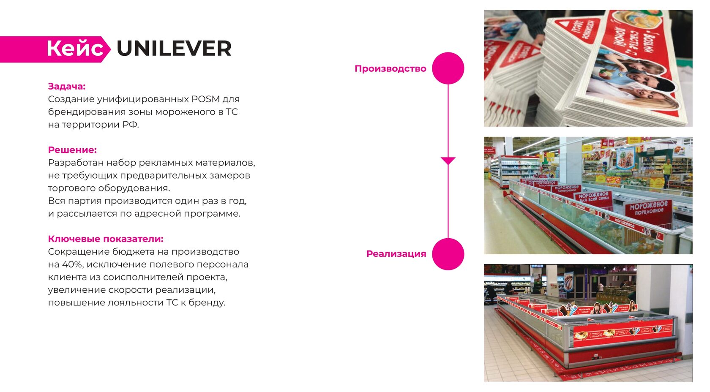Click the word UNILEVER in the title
[x=174, y=49]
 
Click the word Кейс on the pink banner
[x=75, y=49]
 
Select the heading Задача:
[x=67, y=87]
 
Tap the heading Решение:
[x=72, y=150]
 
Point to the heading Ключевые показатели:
[x=106, y=239]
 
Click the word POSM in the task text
[x=205, y=99]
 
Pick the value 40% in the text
[x=71, y=265]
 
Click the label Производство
[x=390, y=69]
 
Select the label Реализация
[x=396, y=254]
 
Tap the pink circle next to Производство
[x=448, y=68]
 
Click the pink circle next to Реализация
[x=448, y=254]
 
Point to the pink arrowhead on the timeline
[x=448, y=161]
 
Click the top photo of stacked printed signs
[x=588, y=68]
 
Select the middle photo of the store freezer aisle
[x=588, y=196]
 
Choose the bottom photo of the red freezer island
[x=588, y=323]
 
